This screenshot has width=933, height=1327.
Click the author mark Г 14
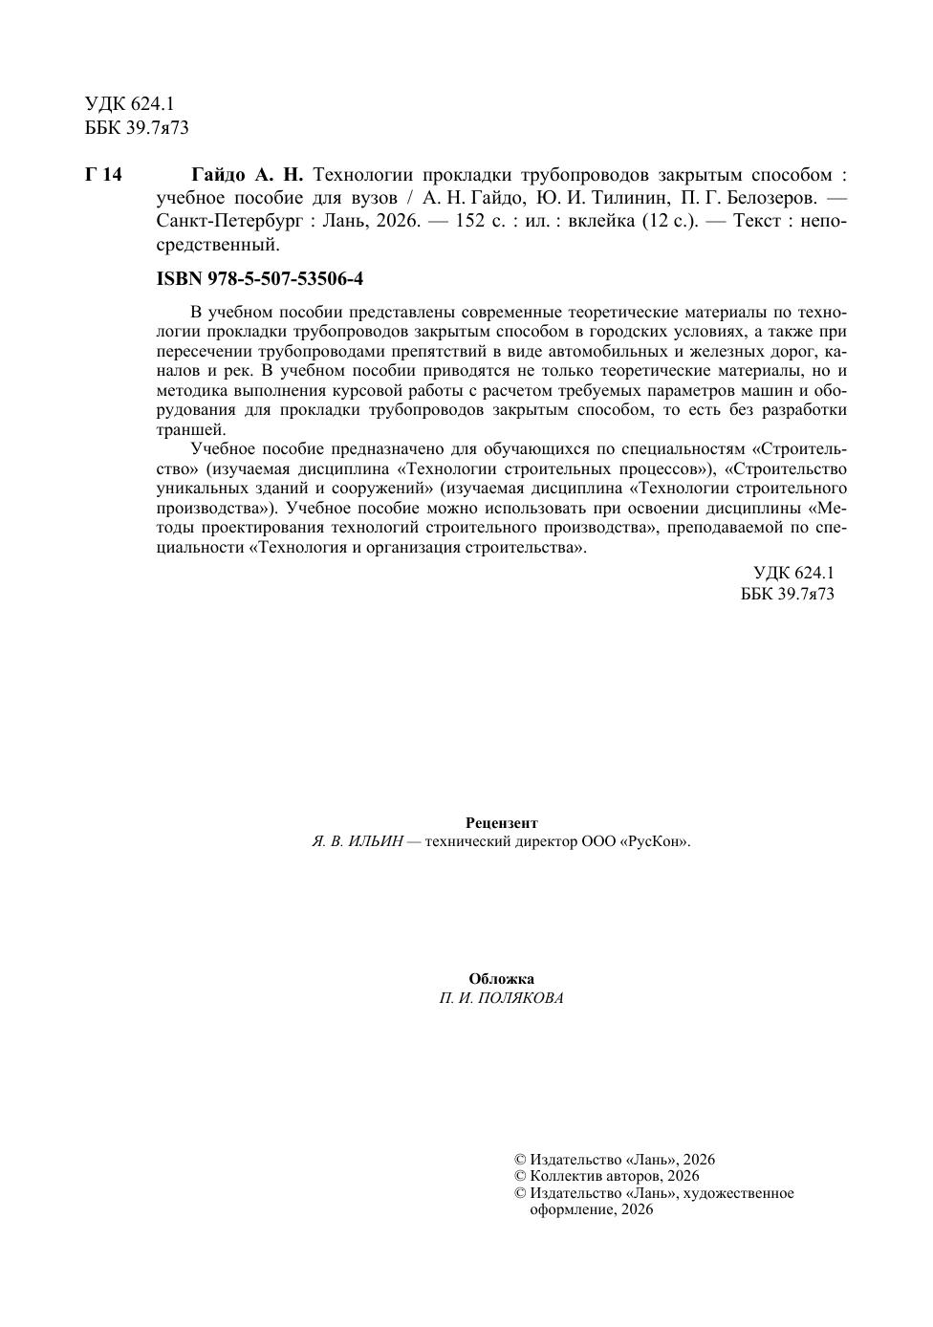[103, 175]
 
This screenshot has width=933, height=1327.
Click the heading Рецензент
[501, 823]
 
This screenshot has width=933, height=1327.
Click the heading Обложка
[501, 979]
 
